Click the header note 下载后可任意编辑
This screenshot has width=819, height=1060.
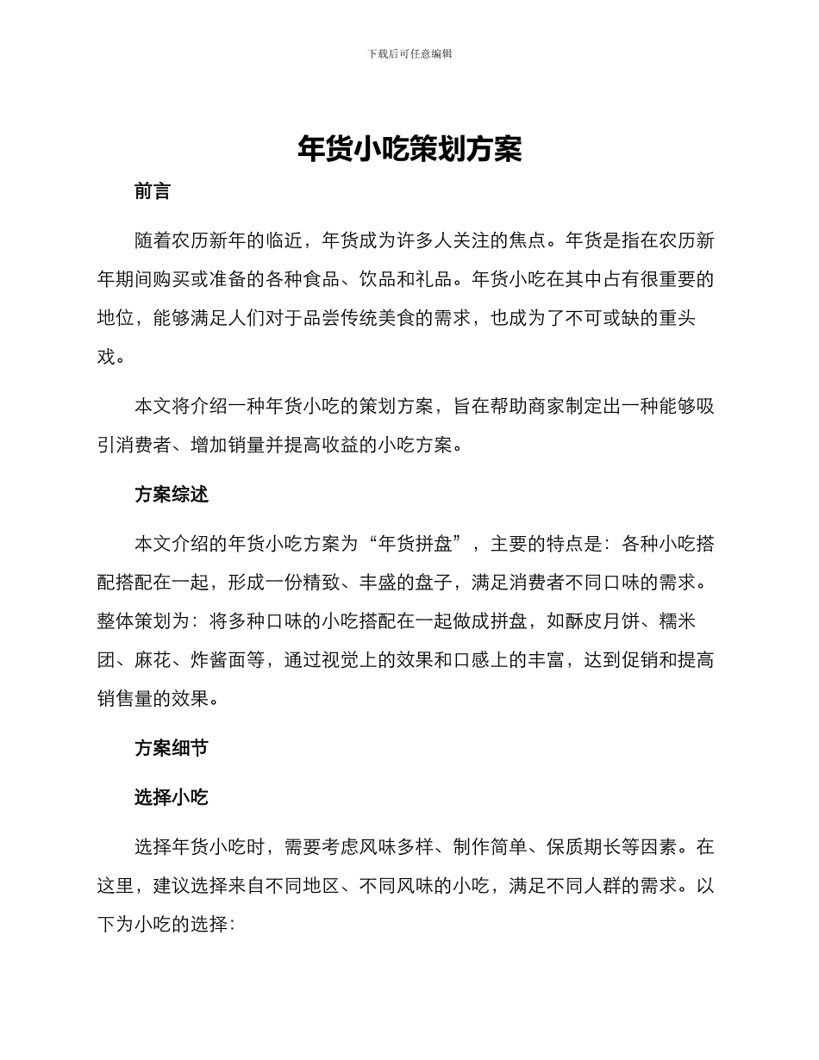click(x=409, y=53)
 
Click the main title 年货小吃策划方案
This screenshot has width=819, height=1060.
click(x=409, y=149)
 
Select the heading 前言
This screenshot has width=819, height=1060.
click(x=153, y=191)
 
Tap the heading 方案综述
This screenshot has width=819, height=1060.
click(x=172, y=495)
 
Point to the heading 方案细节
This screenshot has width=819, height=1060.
click(x=172, y=748)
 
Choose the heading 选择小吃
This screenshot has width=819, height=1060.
click(x=172, y=797)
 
